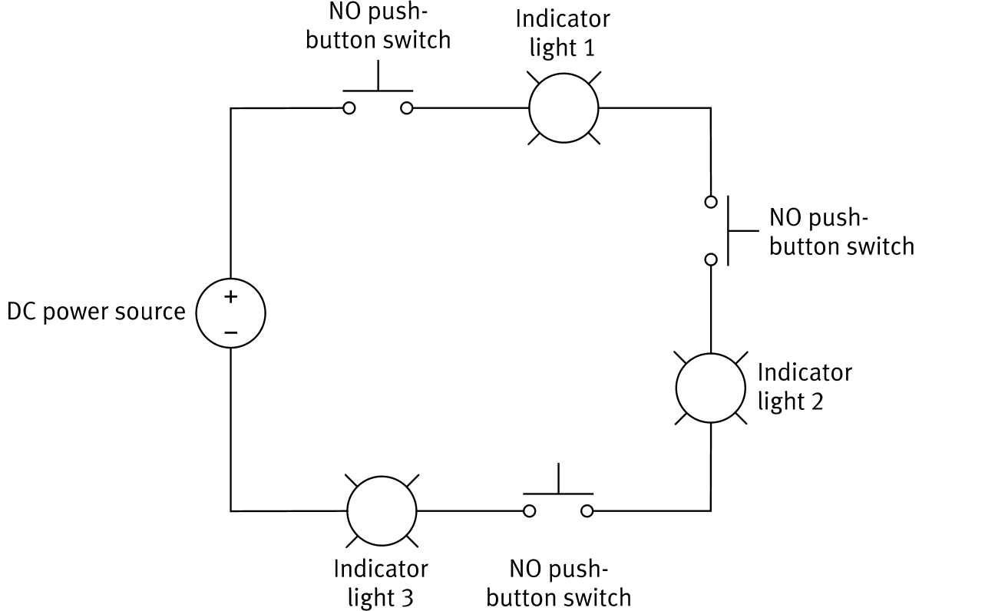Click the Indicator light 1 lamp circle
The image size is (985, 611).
(x=563, y=108)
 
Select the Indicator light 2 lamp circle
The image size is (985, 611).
(x=711, y=388)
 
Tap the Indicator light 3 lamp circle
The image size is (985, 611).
(x=382, y=510)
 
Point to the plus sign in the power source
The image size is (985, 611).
(x=230, y=297)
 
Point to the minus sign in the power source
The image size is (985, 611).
(x=230, y=332)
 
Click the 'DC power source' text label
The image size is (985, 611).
(x=96, y=312)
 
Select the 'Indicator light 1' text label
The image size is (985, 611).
(x=563, y=32)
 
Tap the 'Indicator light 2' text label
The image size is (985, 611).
(x=804, y=386)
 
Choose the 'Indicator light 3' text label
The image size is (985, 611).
(x=381, y=583)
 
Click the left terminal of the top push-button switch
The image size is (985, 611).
(x=349, y=108)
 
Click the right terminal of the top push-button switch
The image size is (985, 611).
(x=407, y=108)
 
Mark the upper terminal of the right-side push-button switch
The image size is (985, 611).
(x=711, y=202)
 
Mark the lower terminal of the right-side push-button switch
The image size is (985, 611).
(x=711, y=259)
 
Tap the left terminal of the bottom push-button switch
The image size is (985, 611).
(x=529, y=510)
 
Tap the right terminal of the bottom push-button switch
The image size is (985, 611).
(x=587, y=510)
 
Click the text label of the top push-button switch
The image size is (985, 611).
(x=378, y=26)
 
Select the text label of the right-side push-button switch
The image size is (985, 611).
(x=841, y=232)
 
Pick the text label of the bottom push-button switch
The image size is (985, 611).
(x=558, y=583)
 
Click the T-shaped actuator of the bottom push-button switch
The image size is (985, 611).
(x=558, y=484)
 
